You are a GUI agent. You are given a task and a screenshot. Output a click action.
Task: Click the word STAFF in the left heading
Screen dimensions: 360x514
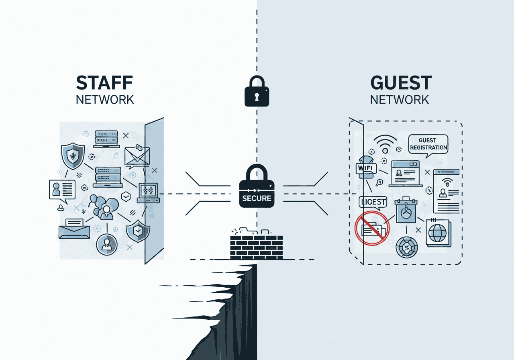[105, 82]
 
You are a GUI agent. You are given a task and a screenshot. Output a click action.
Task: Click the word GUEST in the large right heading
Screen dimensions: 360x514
[401, 83]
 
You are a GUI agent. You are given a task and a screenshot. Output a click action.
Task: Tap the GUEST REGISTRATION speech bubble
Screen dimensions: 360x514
[427, 144]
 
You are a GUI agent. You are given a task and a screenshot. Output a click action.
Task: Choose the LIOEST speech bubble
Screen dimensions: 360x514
[373, 202]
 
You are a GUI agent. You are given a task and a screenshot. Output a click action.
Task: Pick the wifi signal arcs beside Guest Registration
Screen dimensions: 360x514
[385, 143]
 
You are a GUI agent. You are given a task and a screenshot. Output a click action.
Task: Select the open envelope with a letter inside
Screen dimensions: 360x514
[75, 229]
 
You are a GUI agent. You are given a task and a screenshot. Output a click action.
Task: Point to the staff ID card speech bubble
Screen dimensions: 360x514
[62, 189]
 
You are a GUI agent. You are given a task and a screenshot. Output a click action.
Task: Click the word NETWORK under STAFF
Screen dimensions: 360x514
[105, 99]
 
